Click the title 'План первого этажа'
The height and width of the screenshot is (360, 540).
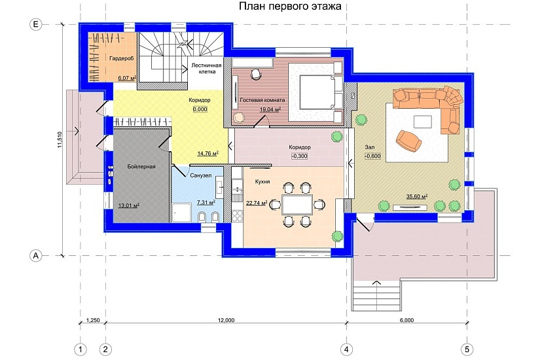pos(290,6)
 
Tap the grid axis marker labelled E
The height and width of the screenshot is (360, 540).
pos(36,24)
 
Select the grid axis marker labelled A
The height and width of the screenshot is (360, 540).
pos(36,256)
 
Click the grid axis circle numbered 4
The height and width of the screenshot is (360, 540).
pos(346,350)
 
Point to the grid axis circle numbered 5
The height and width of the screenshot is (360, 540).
pos(467,350)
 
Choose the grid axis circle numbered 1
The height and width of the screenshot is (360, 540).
pos(81,350)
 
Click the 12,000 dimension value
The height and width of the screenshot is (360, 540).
pos(226,320)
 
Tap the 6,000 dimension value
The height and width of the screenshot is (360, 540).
pos(406,320)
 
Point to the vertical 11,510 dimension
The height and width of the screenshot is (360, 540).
pos(60,140)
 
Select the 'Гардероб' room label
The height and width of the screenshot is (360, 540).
pos(122,58)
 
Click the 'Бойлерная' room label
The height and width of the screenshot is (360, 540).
pos(141,166)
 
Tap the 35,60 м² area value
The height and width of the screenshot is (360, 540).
pos(417,196)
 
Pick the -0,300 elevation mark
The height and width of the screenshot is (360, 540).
pos(299,156)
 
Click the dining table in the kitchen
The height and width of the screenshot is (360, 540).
pos(297,205)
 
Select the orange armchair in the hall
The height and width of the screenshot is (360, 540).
pos(409,140)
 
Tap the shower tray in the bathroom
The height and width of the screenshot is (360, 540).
pos(181,212)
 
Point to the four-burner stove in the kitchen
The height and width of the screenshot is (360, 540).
pos(238,215)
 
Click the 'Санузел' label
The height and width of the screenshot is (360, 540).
pos(201,175)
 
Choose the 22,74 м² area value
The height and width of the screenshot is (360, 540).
pos(257,203)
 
